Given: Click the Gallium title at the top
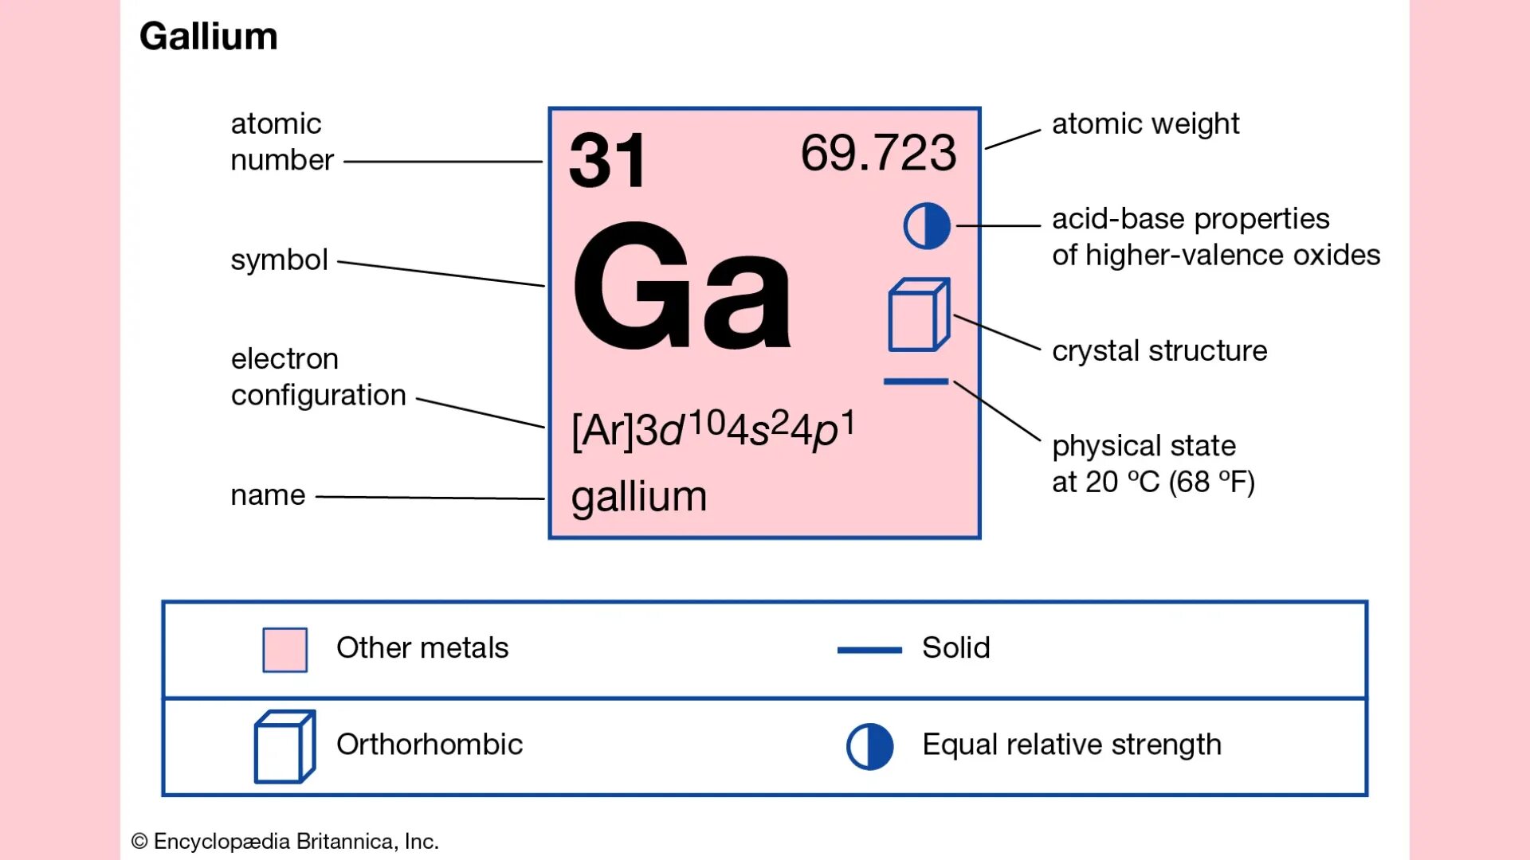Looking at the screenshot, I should click(208, 37).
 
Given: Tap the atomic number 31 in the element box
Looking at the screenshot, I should click(607, 161).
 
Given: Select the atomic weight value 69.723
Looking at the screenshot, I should click(878, 153).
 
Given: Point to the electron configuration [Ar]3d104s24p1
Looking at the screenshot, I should click(713, 430).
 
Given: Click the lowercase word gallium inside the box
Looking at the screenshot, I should click(639, 497).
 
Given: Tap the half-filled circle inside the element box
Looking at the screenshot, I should click(927, 226).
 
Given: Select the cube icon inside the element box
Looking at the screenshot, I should click(919, 315).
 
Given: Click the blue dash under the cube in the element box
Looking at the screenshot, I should click(916, 382).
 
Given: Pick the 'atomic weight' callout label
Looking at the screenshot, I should click(1145, 124).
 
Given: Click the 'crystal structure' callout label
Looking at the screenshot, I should click(1159, 351).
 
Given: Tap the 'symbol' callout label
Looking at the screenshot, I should click(279, 260).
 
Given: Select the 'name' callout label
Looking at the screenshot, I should click(268, 495).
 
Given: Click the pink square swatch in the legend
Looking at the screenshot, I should click(285, 650).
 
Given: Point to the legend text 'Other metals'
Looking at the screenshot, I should click(422, 648).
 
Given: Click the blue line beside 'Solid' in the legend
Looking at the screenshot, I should click(869, 651).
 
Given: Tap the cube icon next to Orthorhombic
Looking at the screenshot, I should click(284, 747).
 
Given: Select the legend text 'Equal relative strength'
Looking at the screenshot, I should click(1072, 745).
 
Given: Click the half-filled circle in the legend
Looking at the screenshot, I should click(869, 747).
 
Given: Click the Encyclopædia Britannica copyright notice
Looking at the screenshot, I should click(285, 842).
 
